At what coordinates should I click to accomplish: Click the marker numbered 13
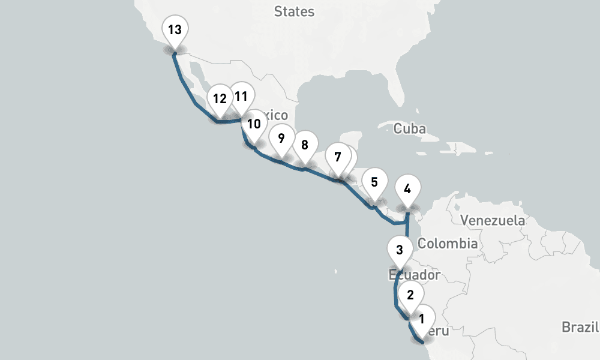(x=175, y=30)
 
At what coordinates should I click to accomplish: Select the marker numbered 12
(x=220, y=99)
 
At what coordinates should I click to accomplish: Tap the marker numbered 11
(x=242, y=96)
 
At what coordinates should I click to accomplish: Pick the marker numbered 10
(x=254, y=124)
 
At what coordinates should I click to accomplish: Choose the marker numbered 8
(x=305, y=145)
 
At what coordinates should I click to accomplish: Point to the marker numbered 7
(x=338, y=158)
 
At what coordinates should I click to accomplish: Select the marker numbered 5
(x=374, y=182)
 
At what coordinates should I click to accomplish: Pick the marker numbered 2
(x=410, y=295)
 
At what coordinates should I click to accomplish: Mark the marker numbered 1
(x=422, y=318)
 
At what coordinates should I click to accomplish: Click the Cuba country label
(x=410, y=128)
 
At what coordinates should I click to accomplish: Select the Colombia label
(x=448, y=244)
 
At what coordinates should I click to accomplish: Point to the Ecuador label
(x=415, y=275)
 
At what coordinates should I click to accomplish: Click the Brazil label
(x=580, y=327)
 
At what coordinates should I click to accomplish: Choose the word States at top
(x=294, y=11)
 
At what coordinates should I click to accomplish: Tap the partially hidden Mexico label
(x=278, y=115)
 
